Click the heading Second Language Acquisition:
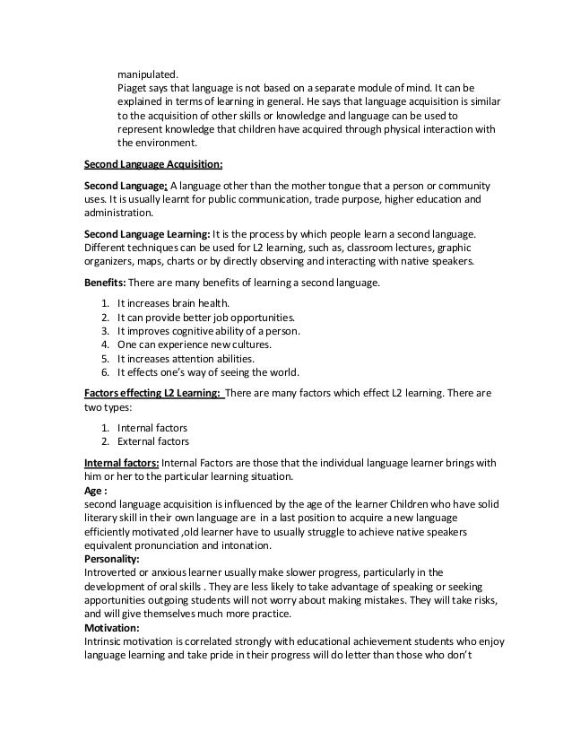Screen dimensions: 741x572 click(152, 164)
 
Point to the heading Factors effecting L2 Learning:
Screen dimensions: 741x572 click(152, 392)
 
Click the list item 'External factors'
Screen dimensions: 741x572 click(153, 440)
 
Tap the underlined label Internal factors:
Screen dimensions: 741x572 click(121, 463)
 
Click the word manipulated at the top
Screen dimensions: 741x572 click(148, 74)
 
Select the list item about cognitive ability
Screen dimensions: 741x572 click(208, 331)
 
